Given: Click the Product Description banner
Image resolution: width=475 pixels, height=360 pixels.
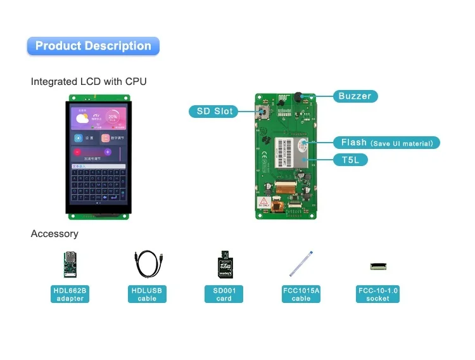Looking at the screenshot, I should (x=93, y=46).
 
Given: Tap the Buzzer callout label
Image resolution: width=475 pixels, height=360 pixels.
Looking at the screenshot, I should (x=355, y=96).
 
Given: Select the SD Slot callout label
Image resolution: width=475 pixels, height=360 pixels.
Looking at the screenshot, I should (x=214, y=112).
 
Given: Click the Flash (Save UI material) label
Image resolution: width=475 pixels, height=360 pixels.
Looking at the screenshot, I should (x=386, y=143).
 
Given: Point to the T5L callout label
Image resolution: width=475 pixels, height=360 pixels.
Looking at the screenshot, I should (x=350, y=160).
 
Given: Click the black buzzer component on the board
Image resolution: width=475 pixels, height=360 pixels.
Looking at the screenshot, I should (x=296, y=98).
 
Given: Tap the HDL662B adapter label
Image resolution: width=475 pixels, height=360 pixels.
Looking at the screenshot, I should (x=70, y=295).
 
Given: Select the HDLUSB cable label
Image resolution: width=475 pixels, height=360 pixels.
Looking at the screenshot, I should (x=147, y=295).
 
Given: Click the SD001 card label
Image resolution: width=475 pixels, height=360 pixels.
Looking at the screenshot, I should (x=224, y=295).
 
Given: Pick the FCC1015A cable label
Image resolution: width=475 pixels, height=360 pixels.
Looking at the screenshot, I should (x=301, y=295).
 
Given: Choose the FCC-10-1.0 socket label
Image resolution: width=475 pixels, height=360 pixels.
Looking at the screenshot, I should (x=378, y=295).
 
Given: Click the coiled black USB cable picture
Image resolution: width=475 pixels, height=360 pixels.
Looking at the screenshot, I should (x=147, y=264).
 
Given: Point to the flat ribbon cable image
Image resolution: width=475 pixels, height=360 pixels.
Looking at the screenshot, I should (x=301, y=263).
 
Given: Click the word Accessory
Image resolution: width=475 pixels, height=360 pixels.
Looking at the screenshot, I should (x=54, y=234).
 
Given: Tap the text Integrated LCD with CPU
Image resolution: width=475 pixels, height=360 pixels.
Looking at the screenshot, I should (x=89, y=82).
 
